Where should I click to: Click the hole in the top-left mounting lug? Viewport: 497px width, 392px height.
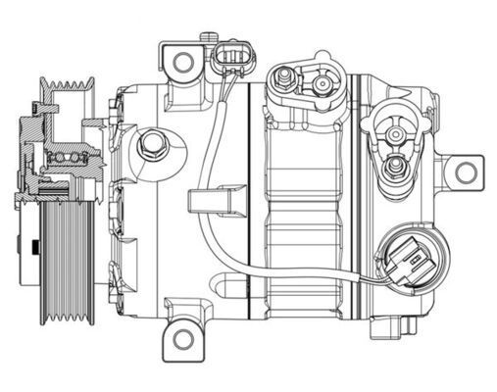tap(183, 62)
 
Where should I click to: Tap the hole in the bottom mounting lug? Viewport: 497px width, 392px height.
tap(183, 339)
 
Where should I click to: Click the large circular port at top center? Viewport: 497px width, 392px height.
tap(321, 85)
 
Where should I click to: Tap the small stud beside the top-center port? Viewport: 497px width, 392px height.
tap(284, 74)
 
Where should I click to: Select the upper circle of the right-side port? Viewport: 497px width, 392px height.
tap(394, 133)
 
